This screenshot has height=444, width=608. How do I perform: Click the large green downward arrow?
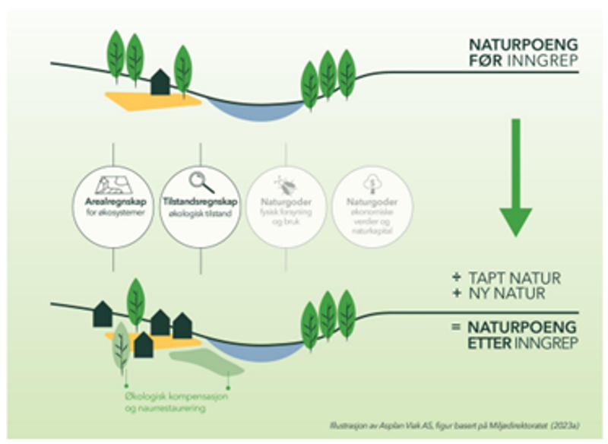tap(516, 176)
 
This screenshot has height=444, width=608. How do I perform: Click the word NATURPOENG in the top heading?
tap(523, 45)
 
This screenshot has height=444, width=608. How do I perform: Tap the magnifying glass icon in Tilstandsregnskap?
tap(201, 182)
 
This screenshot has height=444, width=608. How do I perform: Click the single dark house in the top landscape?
tap(160, 82)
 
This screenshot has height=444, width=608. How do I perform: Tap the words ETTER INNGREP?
tap(524, 343)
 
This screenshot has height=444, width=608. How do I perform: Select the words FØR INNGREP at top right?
tap(523, 61)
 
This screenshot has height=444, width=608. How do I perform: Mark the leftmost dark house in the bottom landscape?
tap(103, 314)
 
